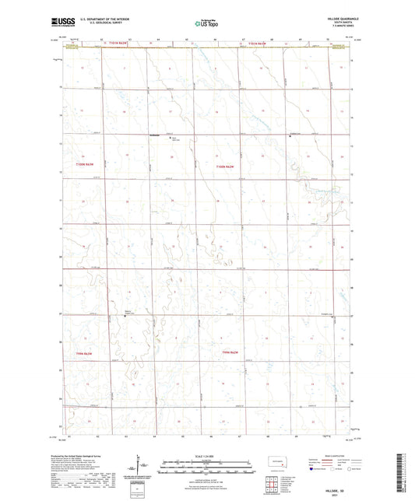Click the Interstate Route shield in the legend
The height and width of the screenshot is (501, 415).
click(x=314, y=470)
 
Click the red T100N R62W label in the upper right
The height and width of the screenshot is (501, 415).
click(x=225, y=168)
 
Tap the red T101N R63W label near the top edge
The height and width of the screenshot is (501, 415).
click(x=137, y=44)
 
